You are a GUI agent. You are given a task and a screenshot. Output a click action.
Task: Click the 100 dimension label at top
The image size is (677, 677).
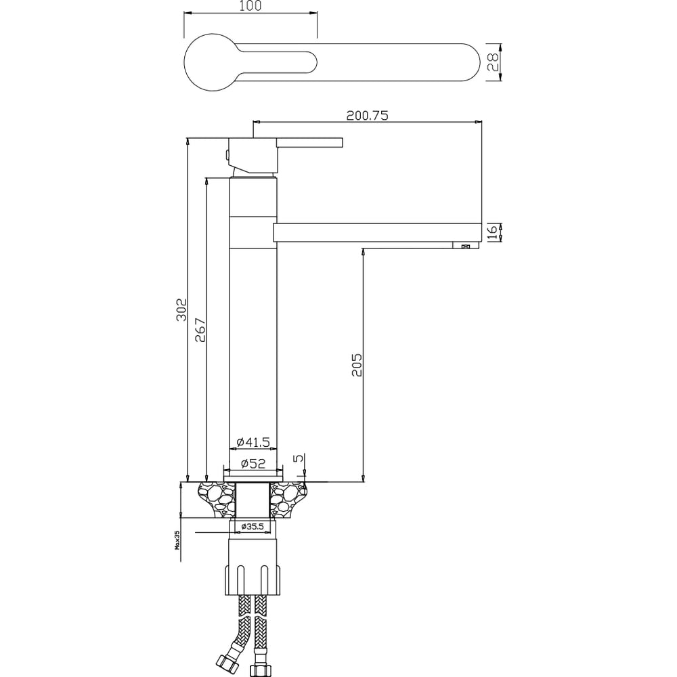[x=251, y=6]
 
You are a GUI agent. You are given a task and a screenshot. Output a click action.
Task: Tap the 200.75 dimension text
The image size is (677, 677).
[x=368, y=115]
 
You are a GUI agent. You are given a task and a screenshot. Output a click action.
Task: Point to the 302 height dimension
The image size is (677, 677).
[x=181, y=309]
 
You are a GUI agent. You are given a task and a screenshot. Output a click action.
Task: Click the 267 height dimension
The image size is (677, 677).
[x=200, y=330]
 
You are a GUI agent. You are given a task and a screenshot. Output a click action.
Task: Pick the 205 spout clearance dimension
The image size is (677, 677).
[x=357, y=365]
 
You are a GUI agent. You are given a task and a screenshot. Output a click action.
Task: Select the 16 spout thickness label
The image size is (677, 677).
[x=493, y=232]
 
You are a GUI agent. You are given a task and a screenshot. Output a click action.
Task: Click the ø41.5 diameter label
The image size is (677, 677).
[x=253, y=442]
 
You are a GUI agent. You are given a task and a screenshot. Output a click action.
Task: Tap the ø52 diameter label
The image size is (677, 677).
[x=253, y=463]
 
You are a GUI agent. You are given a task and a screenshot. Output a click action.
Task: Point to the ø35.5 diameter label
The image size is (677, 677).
[x=253, y=526]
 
